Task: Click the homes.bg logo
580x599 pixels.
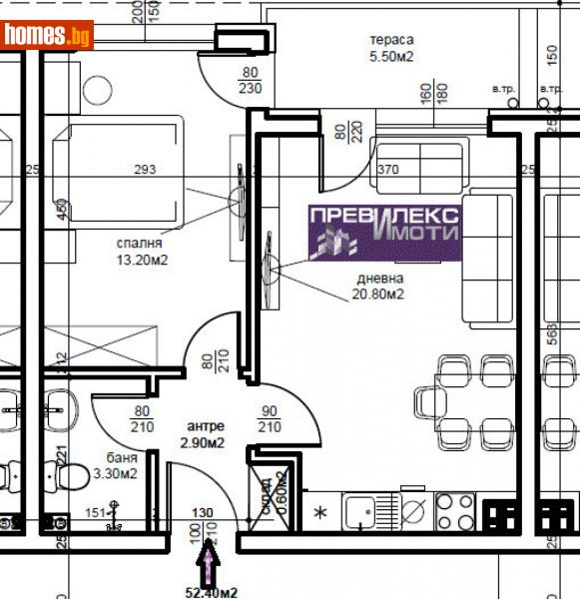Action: pyautogui.click(x=48, y=36)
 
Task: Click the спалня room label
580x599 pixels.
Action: pyautogui.click(x=139, y=243)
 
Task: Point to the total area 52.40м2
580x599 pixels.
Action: pyautogui.click(x=210, y=591)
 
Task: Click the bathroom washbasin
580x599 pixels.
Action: pyautogui.click(x=60, y=405)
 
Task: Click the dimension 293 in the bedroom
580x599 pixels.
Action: pyautogui.click(x=145, y=170)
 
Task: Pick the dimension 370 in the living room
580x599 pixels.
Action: pyautogui.click(x=387, y=170)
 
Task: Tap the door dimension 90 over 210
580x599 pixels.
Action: pyautogui.click(x=270, y=419)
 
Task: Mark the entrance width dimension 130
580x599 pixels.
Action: pyautogui.click(x=203, y=513)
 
